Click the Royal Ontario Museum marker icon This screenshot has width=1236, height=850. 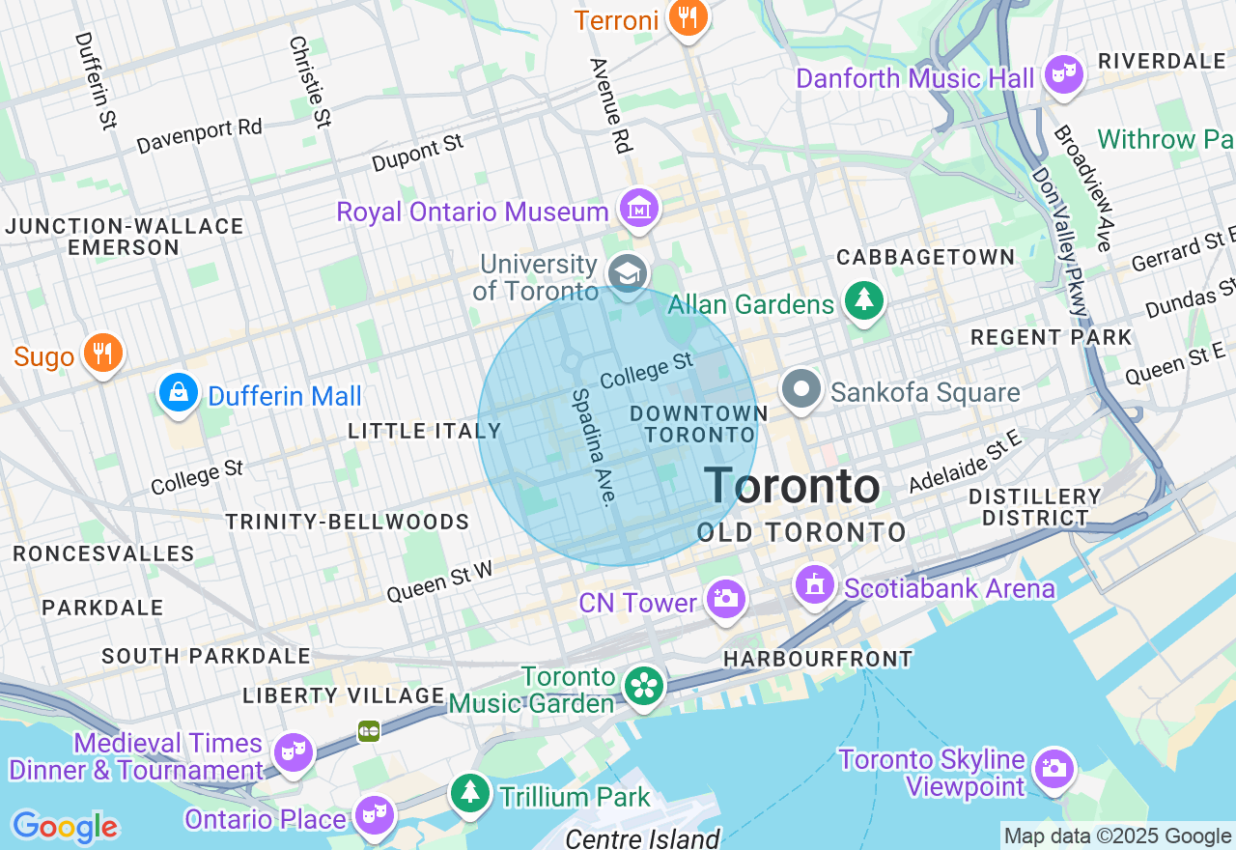tap(638, 209)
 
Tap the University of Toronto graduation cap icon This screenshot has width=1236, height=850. tap(628, 274)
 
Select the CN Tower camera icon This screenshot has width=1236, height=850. tap(725, 599)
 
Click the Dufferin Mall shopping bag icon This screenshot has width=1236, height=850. tap(179, 393)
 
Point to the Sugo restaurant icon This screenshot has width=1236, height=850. tap(101, 353)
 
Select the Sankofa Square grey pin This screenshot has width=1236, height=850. tap(801, 390)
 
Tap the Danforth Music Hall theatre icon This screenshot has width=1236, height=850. tap(1064, 74)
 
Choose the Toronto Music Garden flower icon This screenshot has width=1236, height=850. tap(642, 687)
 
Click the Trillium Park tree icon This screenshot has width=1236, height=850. tap(470, 793)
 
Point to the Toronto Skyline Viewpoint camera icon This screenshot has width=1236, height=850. tap(1053, 770)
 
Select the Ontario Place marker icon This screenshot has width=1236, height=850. tap(372, 816)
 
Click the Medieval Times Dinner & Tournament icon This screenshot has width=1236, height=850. tap(292, 752)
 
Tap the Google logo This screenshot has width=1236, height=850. tap(65, 827)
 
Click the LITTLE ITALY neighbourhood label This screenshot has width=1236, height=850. tap(425, 431)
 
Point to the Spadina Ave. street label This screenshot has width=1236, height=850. tap(594, 446)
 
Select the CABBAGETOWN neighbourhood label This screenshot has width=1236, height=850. tap(926, 257)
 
